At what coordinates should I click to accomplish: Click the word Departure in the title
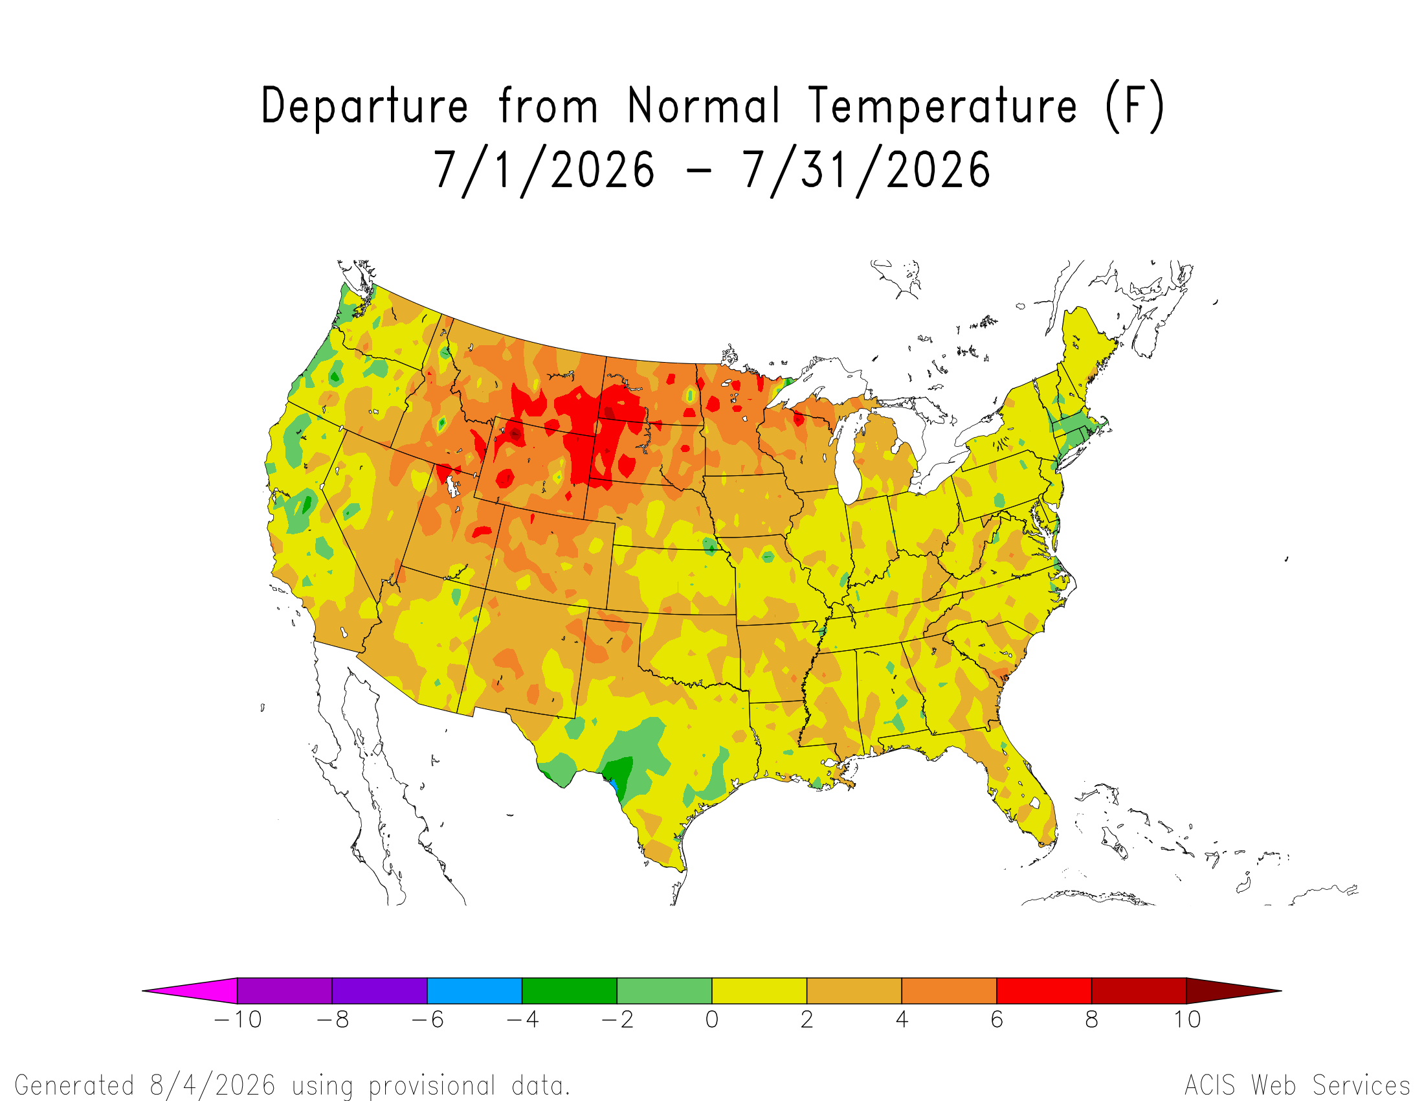coord(364,106)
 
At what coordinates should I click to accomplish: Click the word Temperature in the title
coord(942,105)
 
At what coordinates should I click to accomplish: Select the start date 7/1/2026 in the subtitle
coord(544,172)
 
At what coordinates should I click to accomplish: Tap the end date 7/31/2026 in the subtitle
coord(867,172)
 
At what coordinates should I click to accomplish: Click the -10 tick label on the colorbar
coord(238,1019)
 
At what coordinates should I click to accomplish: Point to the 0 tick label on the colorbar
coord(712,1019)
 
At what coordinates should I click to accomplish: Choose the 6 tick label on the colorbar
coord(997,1019)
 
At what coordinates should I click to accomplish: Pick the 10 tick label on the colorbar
coord(1187,1019)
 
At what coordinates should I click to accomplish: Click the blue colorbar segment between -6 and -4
coord(474,990)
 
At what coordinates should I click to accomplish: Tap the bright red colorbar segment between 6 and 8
coord(1044,990)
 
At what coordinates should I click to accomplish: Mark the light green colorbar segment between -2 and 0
coord(664,990)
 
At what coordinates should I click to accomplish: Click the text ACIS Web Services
coord(1298,1085)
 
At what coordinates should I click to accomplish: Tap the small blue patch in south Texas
coord(613,785)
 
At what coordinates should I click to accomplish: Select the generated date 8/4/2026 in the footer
coord(212,1085)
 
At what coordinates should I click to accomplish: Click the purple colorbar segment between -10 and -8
coord(285,990)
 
